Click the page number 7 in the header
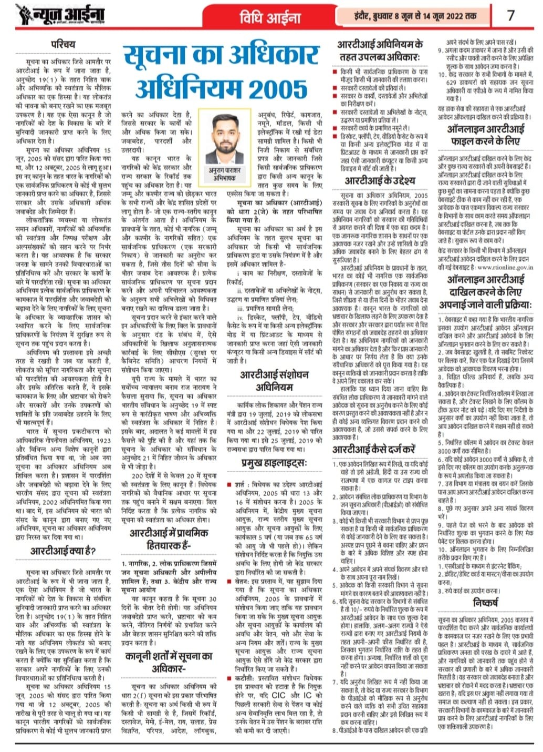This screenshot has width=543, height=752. [510, 15]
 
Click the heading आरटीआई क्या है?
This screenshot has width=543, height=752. [63, 551]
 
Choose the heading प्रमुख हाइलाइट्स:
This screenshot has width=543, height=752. [274, 463]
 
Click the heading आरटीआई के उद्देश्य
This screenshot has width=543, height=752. [380, 180]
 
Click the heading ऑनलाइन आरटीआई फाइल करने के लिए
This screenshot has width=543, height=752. [485, 135]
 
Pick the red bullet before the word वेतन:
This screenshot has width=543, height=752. [229, 582]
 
